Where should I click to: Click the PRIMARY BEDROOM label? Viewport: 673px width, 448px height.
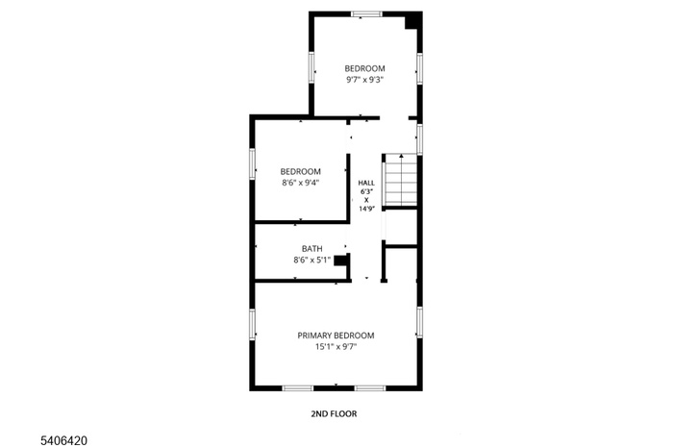336,336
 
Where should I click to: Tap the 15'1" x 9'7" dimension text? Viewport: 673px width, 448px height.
336,347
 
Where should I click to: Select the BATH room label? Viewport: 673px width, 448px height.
312,248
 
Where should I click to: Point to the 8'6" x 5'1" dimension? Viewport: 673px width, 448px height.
312,260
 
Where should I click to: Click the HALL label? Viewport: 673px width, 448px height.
366,183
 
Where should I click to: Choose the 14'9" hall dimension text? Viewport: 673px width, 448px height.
366,208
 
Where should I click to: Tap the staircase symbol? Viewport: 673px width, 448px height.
401,180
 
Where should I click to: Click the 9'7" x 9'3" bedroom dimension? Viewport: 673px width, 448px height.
365,80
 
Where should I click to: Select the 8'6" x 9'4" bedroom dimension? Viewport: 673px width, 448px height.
301,182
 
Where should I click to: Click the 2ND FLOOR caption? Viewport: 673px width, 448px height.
334,414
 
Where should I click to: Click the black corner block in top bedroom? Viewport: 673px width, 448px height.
412,20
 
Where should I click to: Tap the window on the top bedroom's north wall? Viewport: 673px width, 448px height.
364,13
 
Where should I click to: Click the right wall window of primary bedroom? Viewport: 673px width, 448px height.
420,322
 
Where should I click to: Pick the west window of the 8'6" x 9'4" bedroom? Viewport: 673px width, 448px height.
253,162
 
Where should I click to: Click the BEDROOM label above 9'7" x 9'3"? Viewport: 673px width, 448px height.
365,68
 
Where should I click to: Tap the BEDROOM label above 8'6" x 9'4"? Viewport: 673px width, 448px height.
301,171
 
